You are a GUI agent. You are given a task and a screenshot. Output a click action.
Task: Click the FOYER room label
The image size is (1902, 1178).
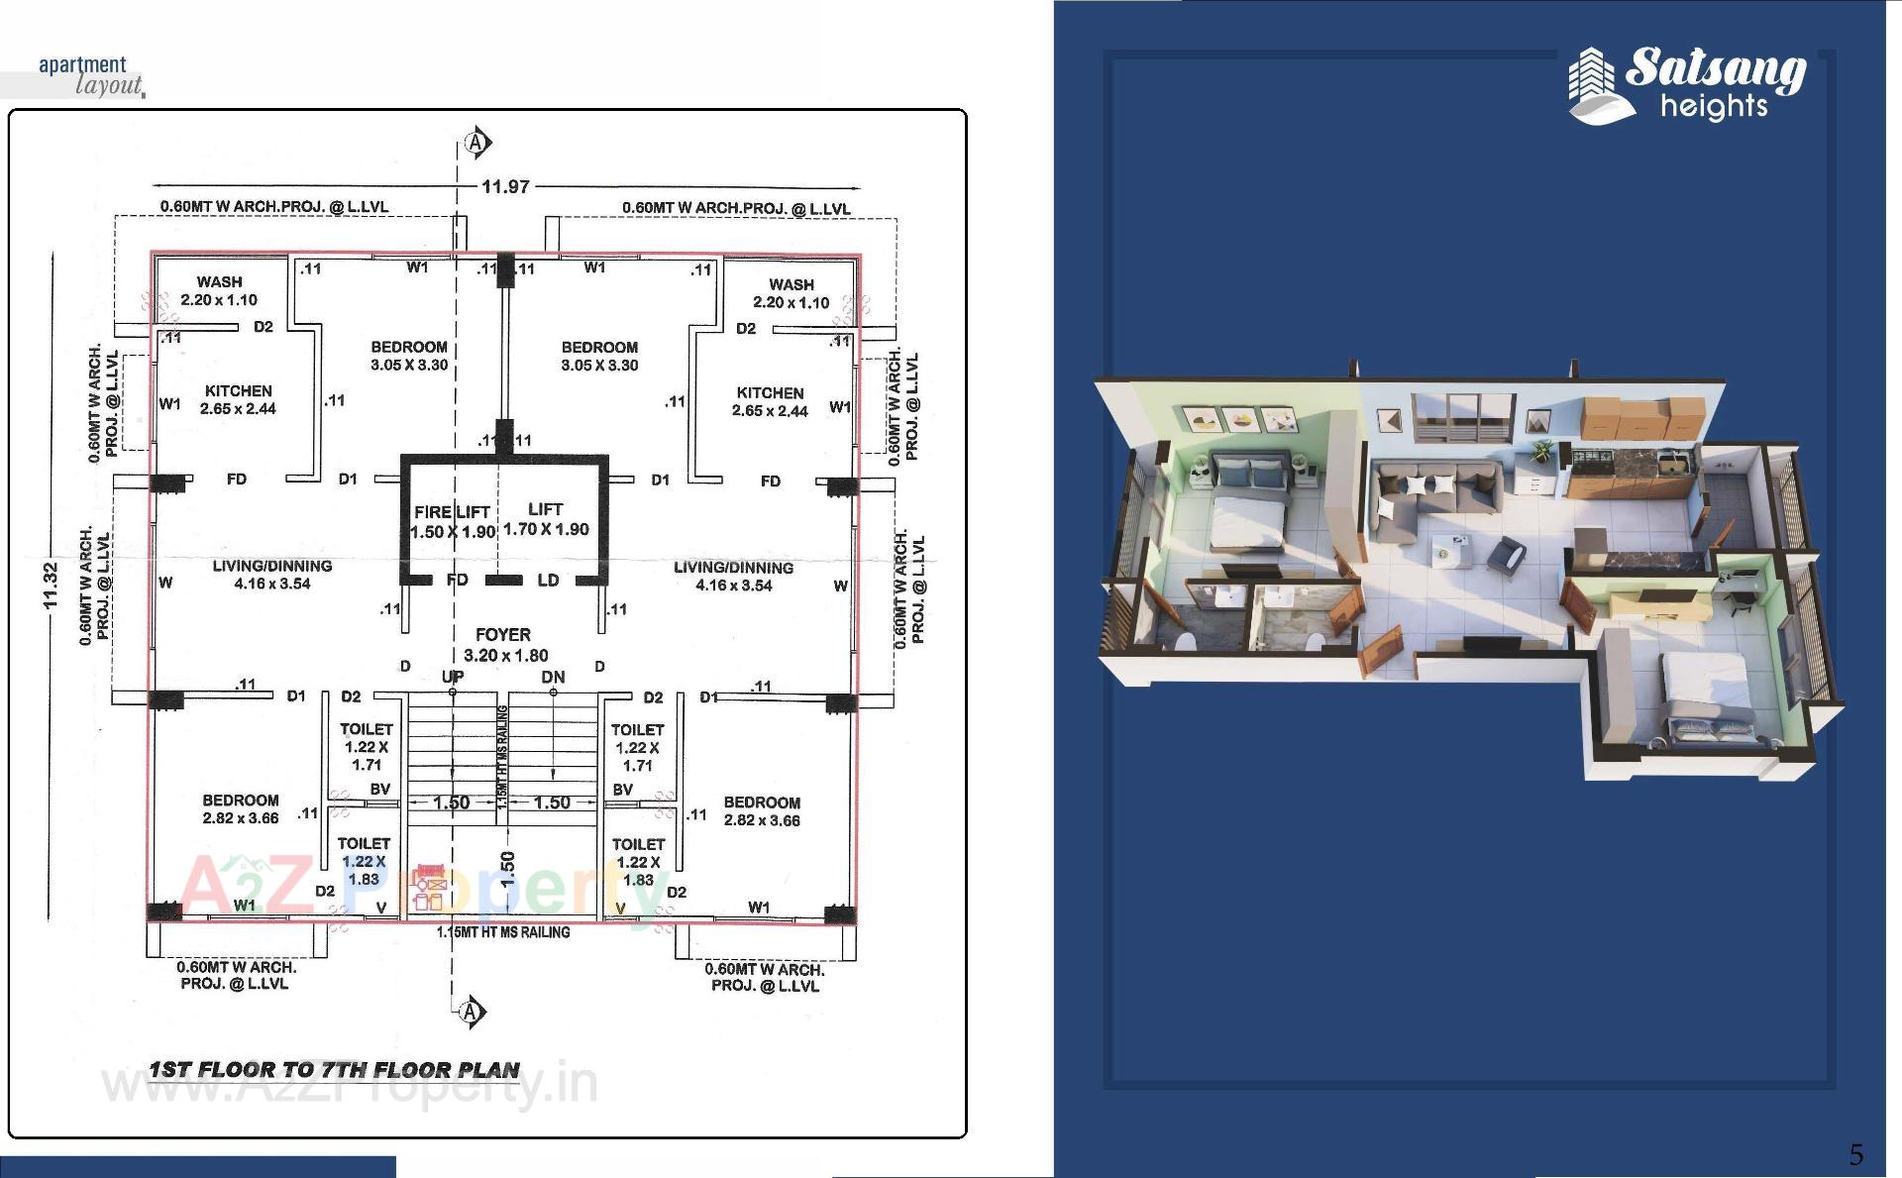[503, 635]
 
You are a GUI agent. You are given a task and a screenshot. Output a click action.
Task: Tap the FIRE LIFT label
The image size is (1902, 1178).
[452, 512]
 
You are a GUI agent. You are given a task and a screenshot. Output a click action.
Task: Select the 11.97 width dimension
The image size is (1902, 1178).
[505, 186]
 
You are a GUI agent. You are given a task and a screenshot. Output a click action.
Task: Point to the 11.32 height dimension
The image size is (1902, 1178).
[51, 586]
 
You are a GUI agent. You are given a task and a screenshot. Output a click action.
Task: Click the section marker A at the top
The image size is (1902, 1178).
[476, 144]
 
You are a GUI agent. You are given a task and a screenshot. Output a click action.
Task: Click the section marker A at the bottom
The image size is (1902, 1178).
[472, 1012]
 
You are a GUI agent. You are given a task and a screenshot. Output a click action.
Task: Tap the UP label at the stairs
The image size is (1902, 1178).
[453, 677]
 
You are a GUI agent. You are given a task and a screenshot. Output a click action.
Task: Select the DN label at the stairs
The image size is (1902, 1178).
[553, 678]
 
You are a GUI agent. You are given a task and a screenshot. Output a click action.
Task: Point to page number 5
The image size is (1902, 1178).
[1855, 1154]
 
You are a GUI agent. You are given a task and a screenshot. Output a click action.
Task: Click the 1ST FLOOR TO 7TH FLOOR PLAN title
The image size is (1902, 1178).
[335, 1070]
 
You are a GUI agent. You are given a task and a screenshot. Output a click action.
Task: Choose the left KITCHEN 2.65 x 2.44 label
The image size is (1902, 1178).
[238, 400]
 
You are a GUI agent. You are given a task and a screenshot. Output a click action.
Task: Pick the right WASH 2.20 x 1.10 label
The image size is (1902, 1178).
[791, 293]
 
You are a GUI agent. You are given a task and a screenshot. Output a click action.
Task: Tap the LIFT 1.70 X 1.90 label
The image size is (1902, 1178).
[546, 519]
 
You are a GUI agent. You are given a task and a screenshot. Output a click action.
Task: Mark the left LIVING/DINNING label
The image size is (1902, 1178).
[271, 575]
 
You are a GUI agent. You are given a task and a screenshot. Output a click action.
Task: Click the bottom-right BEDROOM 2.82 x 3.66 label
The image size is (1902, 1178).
[761, 810]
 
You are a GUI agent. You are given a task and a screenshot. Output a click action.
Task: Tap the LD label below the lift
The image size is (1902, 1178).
[548, 581]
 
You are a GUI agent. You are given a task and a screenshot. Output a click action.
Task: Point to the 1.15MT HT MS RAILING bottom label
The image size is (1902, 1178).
[503, 932]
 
